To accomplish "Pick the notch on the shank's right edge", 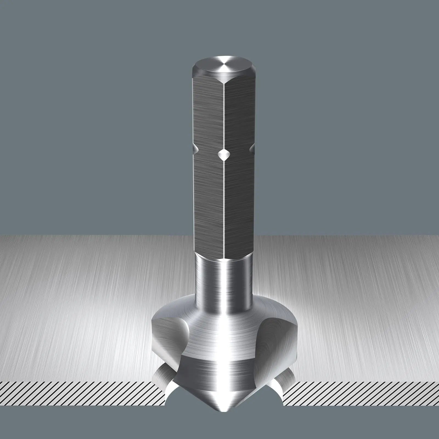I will pos(252,148).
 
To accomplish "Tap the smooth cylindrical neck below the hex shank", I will pos(224,277).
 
